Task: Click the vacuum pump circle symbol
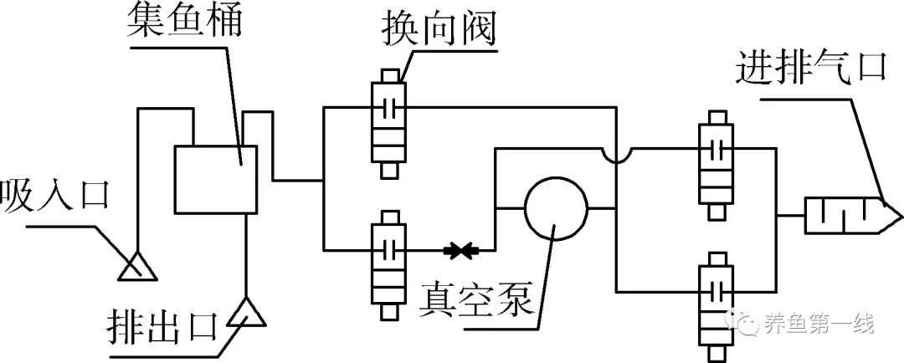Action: (x=556, y=208)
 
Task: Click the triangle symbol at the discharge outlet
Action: (x=248, y=313)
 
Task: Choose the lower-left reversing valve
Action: (x=388, y=263)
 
